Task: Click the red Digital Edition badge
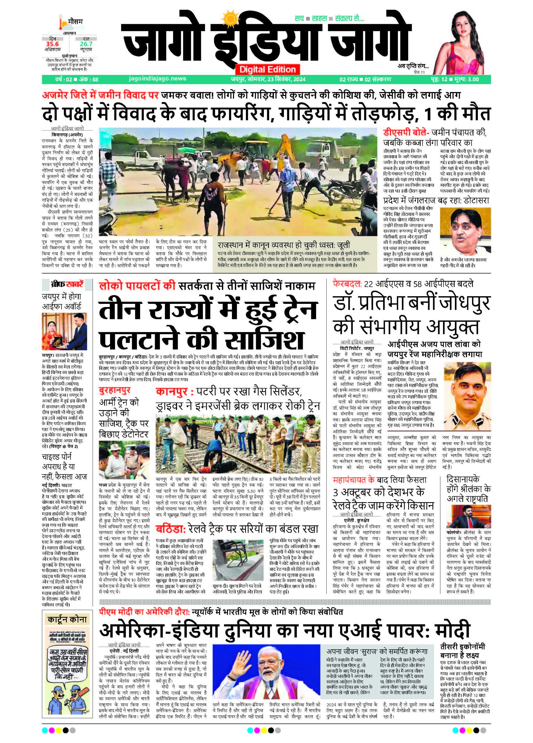click(x=268, y=69)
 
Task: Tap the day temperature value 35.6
click(x=52, y=44)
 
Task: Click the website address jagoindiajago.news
click(x=157, y=79)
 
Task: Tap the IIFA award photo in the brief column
click(x=62, y=331)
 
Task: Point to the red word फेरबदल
click(x=346, y=284)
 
